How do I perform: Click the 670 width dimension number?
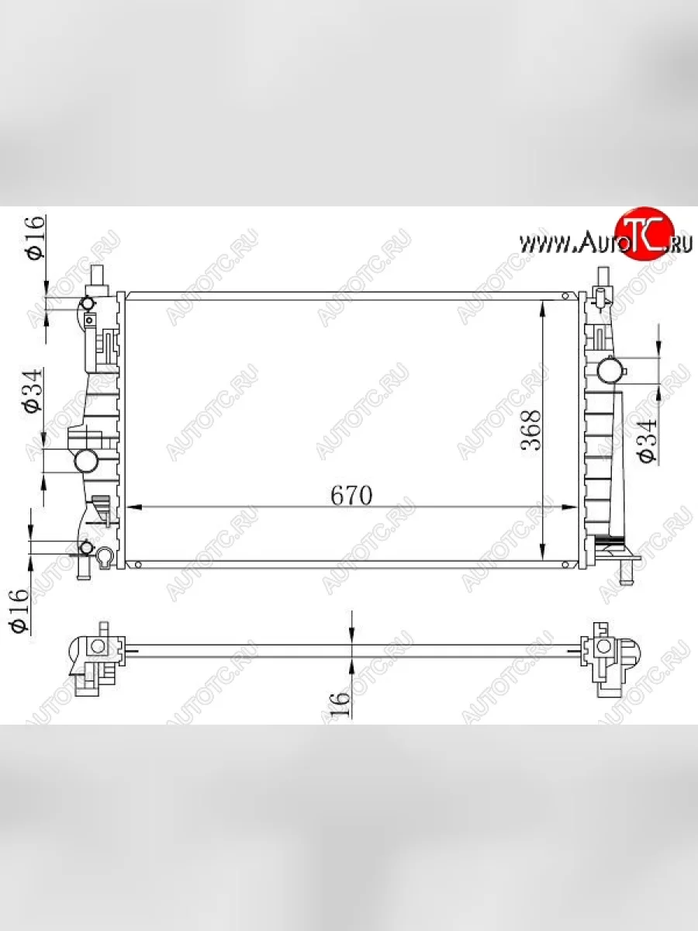coord(351,495)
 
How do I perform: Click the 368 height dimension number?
coord(531,430)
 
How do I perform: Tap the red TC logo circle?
coord(644,235)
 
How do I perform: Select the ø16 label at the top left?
coord(35,237)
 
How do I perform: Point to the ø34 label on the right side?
coord(647,440)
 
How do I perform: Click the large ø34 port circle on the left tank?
coord(86,461)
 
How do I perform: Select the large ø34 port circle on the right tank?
coord(609,370)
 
